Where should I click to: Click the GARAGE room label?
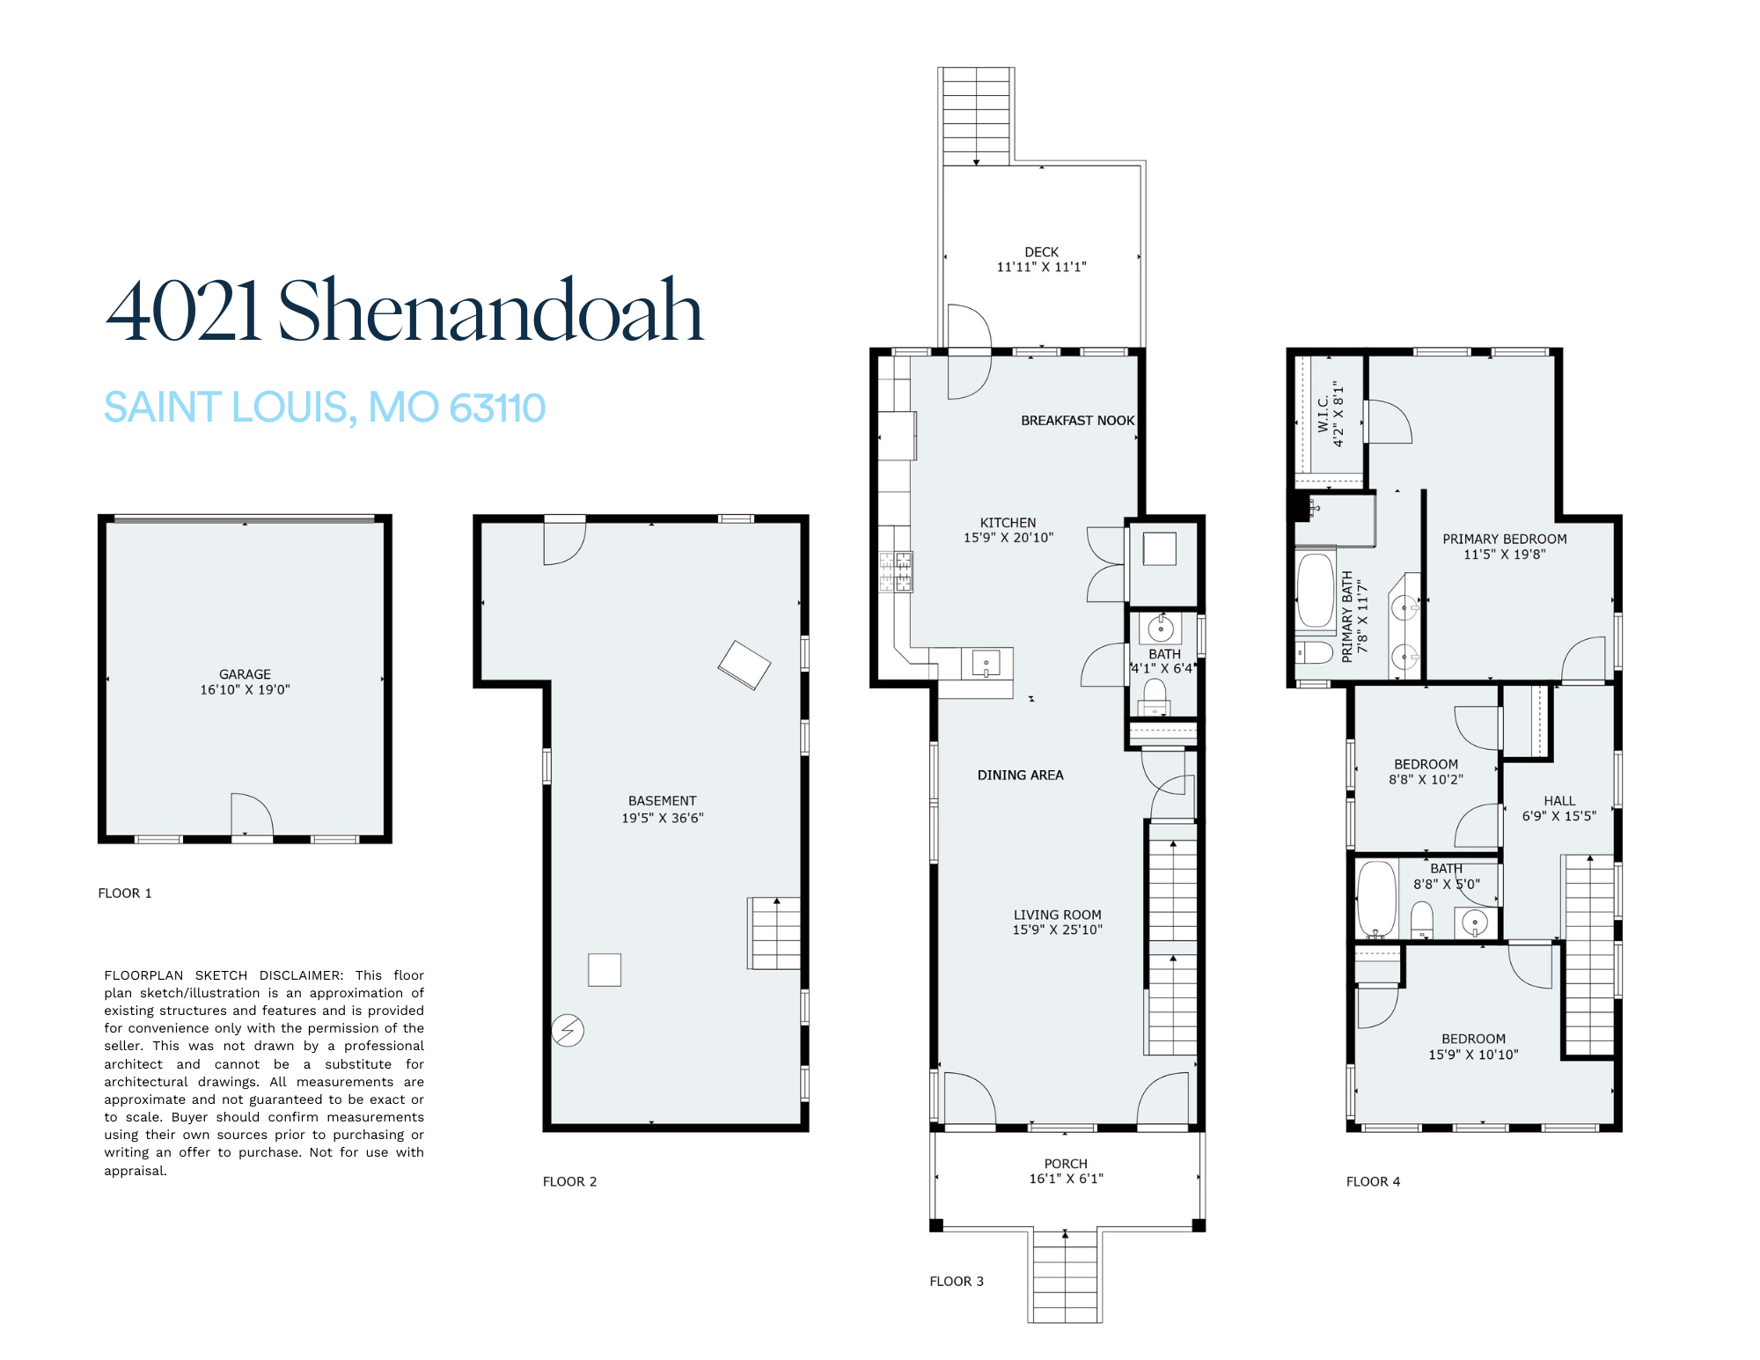point(245,674)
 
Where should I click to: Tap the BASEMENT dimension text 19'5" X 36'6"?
point(663,818)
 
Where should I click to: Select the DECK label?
point(1041,252)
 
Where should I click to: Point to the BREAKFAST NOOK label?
point(1078,421)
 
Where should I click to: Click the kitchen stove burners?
point(896,571)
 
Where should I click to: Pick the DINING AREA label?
point(1021,775)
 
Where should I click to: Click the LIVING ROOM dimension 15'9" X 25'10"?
point(1057,930)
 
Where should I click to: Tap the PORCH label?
point(1066,1164)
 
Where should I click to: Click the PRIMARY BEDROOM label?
point(1505,539)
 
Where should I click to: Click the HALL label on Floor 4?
point(1559,801)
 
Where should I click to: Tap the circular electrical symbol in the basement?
point(568,1030)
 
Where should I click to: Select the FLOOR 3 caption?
point(957,1281)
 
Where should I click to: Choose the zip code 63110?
point(497,407)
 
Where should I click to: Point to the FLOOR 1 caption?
point(125,893)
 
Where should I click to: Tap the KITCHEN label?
point(1008,523)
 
